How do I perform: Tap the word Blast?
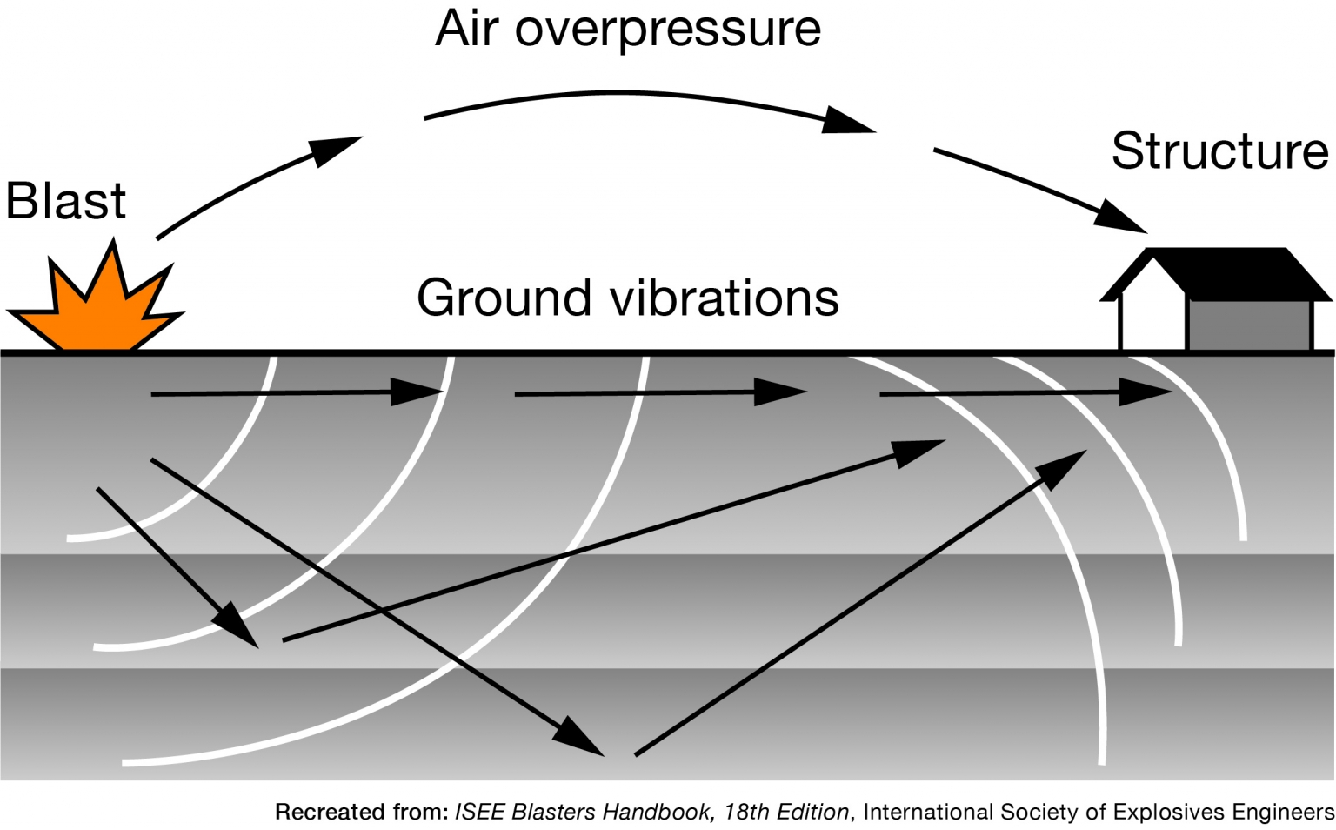tap(66, 202)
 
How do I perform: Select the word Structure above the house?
tap(1219, 151)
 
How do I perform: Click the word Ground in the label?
tap(504, 298)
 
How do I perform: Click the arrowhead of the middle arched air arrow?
tap(847, 121)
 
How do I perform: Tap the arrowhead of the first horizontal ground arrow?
tap(417, 392)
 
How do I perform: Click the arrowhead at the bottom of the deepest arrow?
tap(580, 738)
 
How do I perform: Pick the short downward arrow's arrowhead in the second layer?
tap(237, 624)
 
